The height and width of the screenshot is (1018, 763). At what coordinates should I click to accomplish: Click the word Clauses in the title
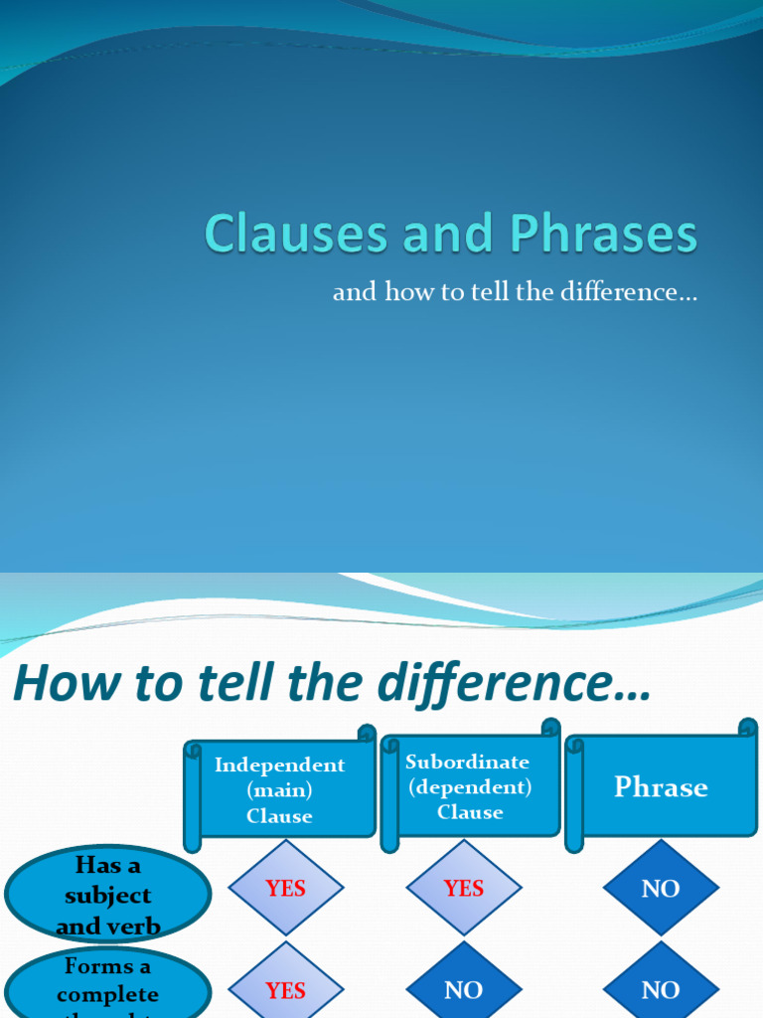point(296,235)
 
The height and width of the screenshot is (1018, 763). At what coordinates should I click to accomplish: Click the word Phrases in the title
point(604,235)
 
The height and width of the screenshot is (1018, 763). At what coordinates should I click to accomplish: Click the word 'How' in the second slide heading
point(62,684)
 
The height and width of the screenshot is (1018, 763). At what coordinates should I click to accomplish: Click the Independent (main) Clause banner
point(279,790)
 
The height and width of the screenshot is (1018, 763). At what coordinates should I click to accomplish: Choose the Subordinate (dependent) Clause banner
point(469,786)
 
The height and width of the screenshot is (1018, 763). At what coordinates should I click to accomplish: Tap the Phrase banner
point(661,787)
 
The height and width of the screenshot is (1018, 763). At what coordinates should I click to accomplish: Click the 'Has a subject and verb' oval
point(107,896)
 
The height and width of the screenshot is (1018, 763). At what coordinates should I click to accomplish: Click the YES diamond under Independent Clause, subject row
point(285,889)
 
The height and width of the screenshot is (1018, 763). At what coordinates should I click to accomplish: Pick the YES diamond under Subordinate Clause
point(463,889)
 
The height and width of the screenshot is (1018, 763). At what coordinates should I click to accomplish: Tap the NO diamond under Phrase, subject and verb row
point(661,889)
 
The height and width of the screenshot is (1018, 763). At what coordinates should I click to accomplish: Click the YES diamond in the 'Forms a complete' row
point(285,990)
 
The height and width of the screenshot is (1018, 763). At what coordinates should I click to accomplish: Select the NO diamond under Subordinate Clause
point(463,990)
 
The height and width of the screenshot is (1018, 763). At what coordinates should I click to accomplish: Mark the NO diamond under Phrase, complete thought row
point(661,990)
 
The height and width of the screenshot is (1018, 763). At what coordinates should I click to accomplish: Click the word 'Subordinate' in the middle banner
point(467,762)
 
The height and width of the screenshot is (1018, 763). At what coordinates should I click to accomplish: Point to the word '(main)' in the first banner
point(279,790)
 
